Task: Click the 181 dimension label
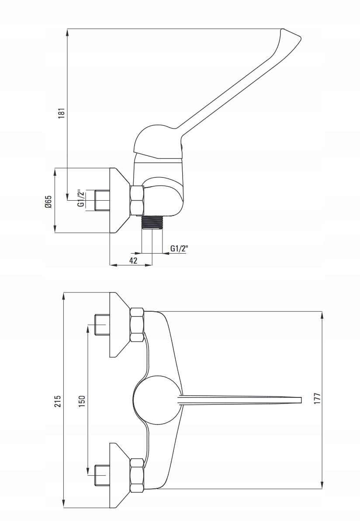(x=62, y=112)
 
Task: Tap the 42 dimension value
(x=133, y=261)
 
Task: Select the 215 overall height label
(x=57, y=401)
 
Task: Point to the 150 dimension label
(x=82, y=401)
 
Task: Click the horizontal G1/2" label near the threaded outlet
(x=179, y=249)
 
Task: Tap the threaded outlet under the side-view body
(x=152, y=222)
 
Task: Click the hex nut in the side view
(x=137, y=200)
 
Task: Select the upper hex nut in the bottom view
(x=137, y=325)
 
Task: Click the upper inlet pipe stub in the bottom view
(x=101, y=325)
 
